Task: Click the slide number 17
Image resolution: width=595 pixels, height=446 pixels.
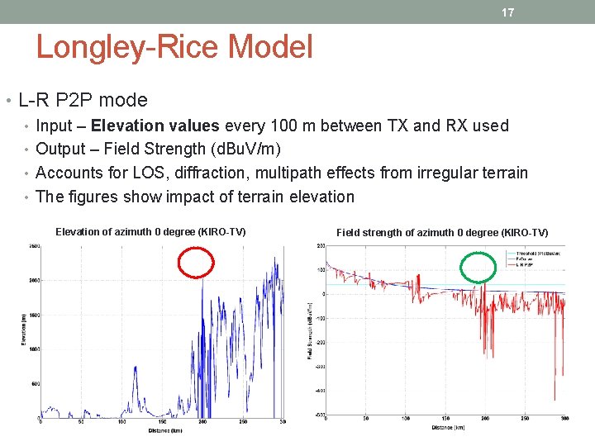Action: click(x=508, y=12)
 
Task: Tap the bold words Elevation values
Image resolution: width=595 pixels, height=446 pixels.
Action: click(x=155, y=126)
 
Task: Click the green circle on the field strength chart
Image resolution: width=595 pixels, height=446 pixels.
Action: click(x=478, y=267)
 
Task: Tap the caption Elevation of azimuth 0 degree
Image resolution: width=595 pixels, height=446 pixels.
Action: click(x=150, y=231)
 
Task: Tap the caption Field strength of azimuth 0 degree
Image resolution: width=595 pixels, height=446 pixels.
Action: click(x=442, y=233)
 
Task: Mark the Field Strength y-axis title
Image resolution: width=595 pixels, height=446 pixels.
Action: click(x=308, y=330)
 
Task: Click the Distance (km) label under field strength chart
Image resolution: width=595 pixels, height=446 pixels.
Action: click(x=446, y=429)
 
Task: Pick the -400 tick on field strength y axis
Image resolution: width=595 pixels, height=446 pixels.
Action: click(x=319, y=391)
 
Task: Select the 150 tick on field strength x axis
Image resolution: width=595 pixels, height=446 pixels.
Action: click(x=446, y=420)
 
